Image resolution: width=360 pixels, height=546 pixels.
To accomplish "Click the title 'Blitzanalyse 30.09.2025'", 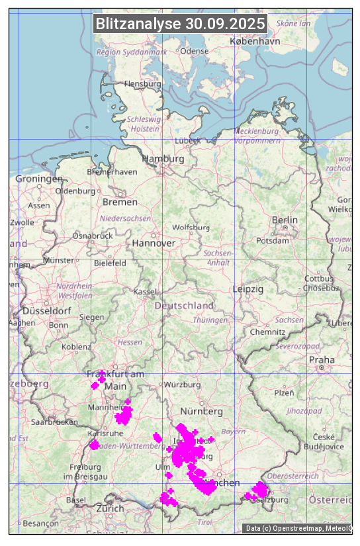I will (x=180, y=24).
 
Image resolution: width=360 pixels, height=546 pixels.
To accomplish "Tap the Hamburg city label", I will (x=163, y=159).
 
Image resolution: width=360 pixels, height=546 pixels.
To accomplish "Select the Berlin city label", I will (x=285, y=220).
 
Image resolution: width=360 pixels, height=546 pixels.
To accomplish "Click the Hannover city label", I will (x=154, y=243).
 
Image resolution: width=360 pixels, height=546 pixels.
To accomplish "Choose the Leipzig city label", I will (x=248, y=289).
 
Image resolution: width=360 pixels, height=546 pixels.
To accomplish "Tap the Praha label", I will (x=322, y=359).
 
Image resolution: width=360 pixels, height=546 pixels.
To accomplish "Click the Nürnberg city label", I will (x=201, y=411).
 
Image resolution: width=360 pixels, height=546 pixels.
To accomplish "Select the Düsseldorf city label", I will (x=47, y=310).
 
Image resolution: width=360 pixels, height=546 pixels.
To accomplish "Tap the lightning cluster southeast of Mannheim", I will (x=124, y=415).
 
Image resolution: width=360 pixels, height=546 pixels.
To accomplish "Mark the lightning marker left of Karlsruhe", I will (x=95, y=445).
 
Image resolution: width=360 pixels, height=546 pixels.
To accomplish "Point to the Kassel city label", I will (x=144, y=291).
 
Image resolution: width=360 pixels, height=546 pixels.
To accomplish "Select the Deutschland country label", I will (x=184, y=305).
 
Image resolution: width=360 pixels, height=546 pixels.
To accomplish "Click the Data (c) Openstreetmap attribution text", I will (x=297, y=528).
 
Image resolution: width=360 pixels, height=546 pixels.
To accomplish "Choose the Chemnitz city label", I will (x=271, y=332).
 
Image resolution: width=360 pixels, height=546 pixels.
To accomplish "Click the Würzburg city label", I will (x=182, y=385).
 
